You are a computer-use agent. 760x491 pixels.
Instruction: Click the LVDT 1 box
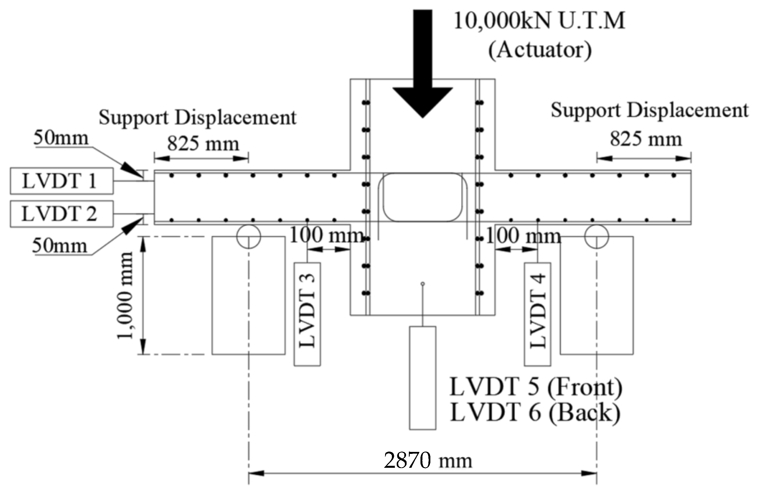[x=61, y=181]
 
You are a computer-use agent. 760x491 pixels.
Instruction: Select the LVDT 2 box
[x=61, y=214]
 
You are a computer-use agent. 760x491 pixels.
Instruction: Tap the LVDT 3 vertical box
[x=307, y=314]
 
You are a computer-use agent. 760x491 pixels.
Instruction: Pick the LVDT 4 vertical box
[x=537, y=314]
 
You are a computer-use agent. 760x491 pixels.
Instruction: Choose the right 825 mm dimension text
[x=646, y=139]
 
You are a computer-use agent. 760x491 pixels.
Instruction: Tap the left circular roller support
[x=248, y=236]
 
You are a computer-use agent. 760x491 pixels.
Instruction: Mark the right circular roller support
[x=596, y=236]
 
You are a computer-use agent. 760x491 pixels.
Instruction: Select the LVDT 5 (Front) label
[x=536, y=387]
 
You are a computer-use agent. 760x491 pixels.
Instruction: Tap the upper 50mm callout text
[x=61, y=138]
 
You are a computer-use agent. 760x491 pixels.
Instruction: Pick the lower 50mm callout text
[x=59, y=246]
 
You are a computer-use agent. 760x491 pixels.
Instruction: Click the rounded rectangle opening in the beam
[x=422, y=197]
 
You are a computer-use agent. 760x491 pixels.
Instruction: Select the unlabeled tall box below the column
[x=422, y=378]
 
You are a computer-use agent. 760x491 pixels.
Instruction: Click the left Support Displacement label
[x=197, y=117]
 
